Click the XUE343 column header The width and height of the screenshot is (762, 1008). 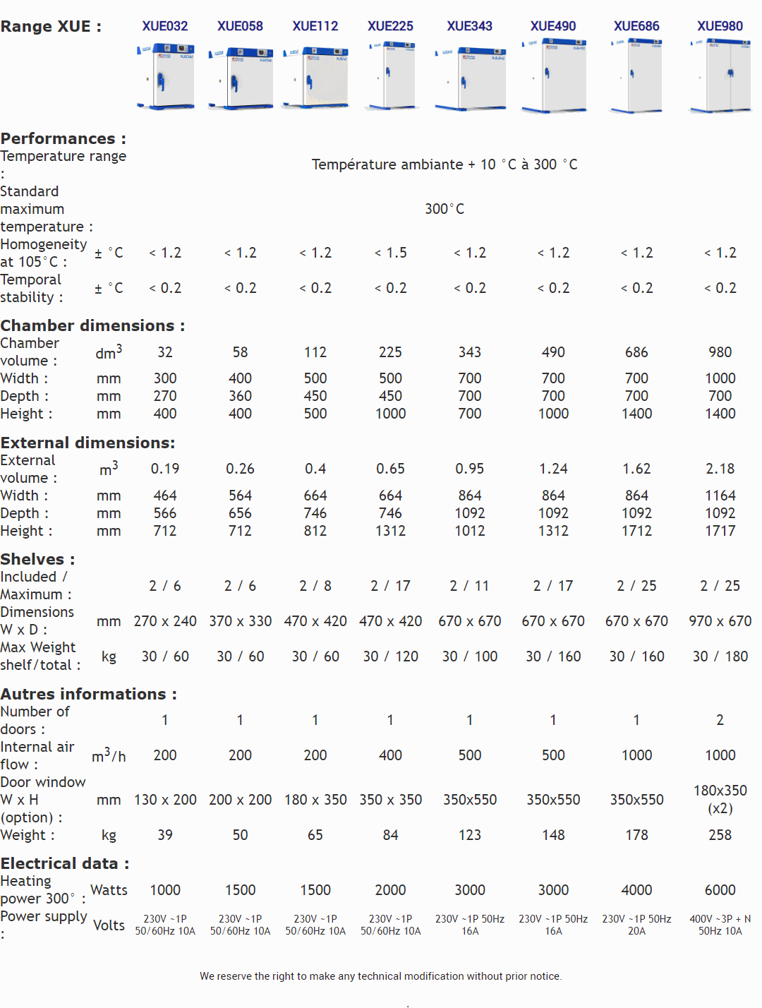tap(469, 26)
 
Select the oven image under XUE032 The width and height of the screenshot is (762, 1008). tap(165, 77)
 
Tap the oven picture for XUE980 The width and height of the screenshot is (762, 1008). tap(720, 77)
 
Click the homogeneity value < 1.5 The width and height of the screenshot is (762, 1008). tap(390, 253)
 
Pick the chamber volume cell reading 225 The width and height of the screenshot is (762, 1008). tap(390, 352)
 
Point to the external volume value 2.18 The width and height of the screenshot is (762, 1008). tap(720, 469)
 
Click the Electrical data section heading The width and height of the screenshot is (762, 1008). tap(65, 863)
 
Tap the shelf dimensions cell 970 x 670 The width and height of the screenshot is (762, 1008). tap(720, 621)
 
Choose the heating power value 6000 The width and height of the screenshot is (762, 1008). tap(720, 890)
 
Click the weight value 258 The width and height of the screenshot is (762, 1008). tap(720, 835)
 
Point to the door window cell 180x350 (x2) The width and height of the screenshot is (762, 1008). tap(720, 799)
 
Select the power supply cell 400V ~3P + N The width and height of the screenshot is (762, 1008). tap(720, 925)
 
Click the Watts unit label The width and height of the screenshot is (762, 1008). tap(109, 890)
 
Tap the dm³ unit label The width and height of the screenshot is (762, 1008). tap(109, 352)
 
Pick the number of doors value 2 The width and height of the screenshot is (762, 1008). tap(720, 720)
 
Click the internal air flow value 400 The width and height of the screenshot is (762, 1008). tap(390, 755)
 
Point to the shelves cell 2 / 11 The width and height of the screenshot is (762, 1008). tap(469, 586)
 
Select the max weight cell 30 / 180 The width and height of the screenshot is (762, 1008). tap(720, 656)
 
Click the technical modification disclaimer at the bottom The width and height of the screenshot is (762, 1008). tap(381, 976)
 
